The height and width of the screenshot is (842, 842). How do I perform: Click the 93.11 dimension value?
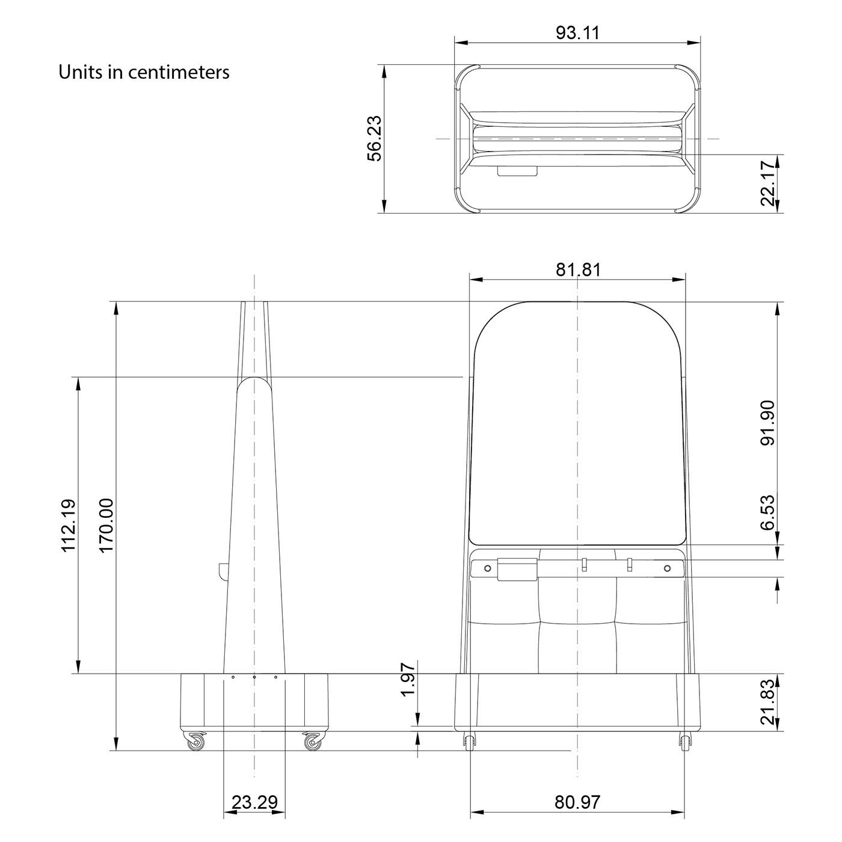pyautogui.click(x=577, y=32)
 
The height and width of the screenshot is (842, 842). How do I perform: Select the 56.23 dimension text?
pyautogui.click(x=375, y=139)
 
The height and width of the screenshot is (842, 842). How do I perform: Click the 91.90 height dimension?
pyautogui.click(x=768, y=422)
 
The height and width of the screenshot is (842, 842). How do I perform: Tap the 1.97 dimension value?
pyautogui.click(x=408, y=679)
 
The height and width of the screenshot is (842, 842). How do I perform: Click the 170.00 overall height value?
pyautogui.click(x=106, y=525)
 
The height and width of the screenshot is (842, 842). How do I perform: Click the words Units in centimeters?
pyautogui.click(x=144, y=72)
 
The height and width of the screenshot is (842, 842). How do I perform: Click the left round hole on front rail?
pyautogui.click(x=488, y=568)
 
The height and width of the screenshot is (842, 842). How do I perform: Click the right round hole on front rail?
pyautogui.click(x=666, y=568)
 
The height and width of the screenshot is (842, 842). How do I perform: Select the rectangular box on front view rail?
pyautogui.click(x=517, y=569)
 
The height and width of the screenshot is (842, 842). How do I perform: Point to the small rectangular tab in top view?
pyautogui.click(x=517, y=171)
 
